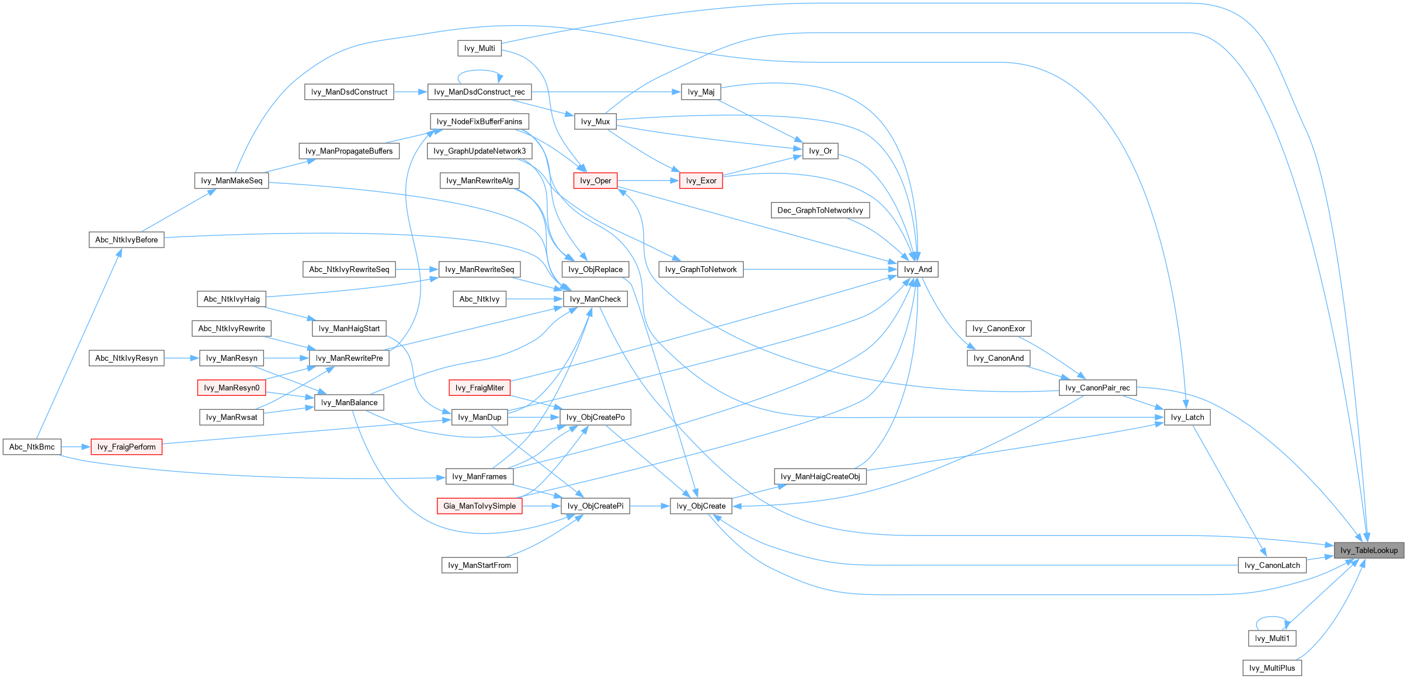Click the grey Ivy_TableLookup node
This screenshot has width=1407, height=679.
click(x=1368, y=550)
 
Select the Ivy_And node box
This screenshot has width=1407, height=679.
click(x=918, y=269)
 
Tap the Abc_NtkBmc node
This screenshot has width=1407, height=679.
click(x=32, y=447)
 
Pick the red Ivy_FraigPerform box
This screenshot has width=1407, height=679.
click(x=127, y=447)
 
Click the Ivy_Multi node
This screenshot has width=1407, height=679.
click(x=480, y=48)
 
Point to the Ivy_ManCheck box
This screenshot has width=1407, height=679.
click(x=595, y=299)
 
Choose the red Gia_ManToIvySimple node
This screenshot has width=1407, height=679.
click(x=480, y=506)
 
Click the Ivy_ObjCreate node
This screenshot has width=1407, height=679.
click(x=701, y=506)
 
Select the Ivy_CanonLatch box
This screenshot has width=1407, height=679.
click(x=1272, y=565)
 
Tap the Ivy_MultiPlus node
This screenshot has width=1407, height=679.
click(x=1272, y=668)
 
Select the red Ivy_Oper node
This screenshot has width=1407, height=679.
click(x=595, y=180)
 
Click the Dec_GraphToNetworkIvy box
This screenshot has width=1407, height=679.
click(x=820, y=210)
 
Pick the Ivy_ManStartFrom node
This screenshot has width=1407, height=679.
click(x=480, y=565)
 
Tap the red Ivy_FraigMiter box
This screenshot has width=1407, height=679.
click(x=480, y=388)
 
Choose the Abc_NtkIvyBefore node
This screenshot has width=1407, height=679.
click(x=127, y=239)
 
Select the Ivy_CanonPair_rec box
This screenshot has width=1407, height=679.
click(x=1097, y=388)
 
